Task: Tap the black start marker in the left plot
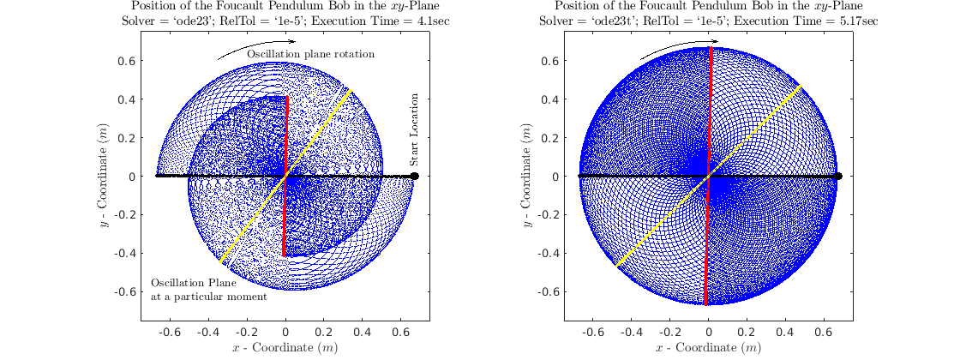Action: (415, 176)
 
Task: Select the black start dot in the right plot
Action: (838, 176)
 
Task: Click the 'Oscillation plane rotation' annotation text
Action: (311, 55)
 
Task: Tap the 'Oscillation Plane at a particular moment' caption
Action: (209, 290)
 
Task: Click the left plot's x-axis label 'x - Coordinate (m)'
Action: (285, 348)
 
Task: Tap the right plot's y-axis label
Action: (526, 176)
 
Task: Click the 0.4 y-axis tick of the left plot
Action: (127, 99)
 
